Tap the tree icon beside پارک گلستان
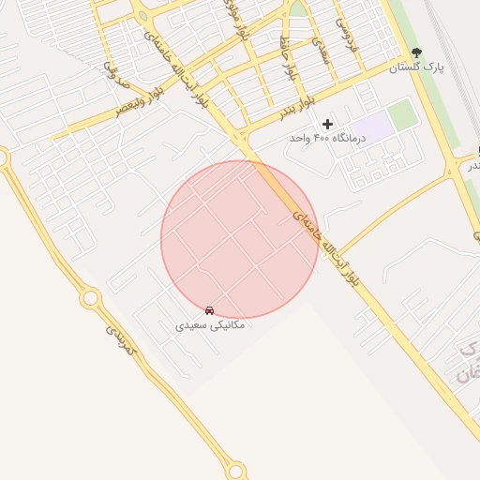tap(417, 52)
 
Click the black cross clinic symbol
tap(327, 124)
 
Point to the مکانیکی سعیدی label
tap(210, 325)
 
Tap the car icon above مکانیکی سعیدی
tap(209, 310)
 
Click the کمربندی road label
tap(121, 338)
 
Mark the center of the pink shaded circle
tap(240, 240)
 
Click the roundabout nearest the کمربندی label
tap(91, 299)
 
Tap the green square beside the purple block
tap(402, 114)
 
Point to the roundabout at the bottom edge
tap(236, 471)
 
